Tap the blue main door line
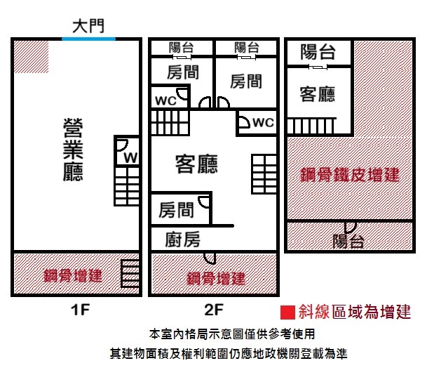coord(88,39)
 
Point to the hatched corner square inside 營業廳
coord(32,55)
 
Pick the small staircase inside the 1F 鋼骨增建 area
coord(130,272)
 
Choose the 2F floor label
coord(213,309)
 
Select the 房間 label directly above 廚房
coord(175,209)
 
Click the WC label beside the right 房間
coord(262,123)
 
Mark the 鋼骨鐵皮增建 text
coord(349,173)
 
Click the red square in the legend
coord(286,311)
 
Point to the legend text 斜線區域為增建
coord(354,311)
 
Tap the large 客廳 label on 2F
coord(196,164)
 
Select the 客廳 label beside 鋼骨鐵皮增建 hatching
coord(317,93)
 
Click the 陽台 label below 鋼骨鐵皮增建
coord(348,242)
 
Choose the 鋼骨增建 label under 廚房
coord(216,278)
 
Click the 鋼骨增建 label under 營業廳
coord(73,275)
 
